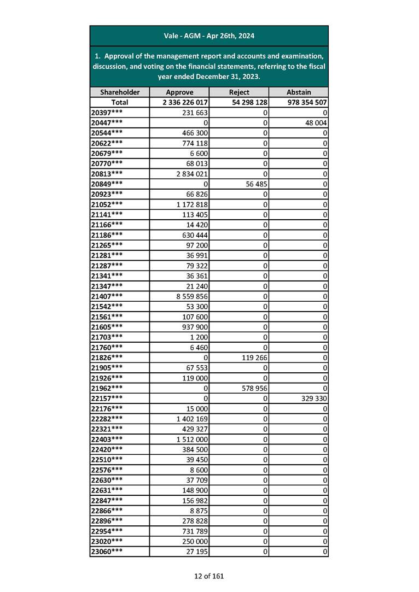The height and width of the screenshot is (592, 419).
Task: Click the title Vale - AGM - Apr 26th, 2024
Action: (209, 36)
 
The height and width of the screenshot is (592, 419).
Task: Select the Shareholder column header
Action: (120, 92)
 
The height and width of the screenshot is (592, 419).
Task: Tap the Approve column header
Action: (179, 92)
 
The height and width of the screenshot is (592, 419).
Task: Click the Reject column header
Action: (239, 92)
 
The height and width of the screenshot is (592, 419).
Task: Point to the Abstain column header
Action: (299, 92)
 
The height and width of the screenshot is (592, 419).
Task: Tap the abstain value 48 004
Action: (315, 122)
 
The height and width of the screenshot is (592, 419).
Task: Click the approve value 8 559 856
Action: (189, 296)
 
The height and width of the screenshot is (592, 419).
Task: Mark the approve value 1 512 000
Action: (189, 439)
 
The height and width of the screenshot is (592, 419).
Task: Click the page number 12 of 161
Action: (209, 576)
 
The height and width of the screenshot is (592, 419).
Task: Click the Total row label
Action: (120, 102)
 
